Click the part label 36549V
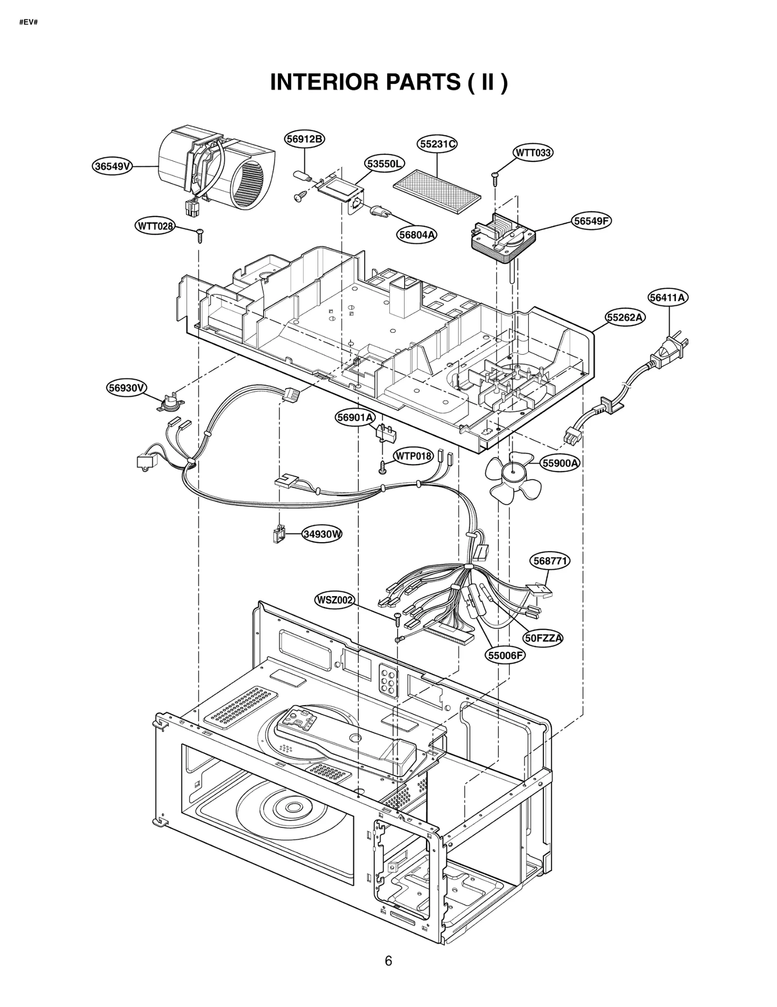tap(113, 167)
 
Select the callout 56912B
tap(304, 139)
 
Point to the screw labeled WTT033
tap(495, 179)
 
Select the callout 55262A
tap(625, 318)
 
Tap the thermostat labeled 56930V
tap(171, 403)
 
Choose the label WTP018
tap(413, 456)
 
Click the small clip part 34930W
tap(278, 534)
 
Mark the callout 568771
tap(549, 561)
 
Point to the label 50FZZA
tap(543, 638)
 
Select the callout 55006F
tap(505, 655)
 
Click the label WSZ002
tap(334, 600)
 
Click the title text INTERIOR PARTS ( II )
tap(388, 82)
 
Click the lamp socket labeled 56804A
tap(379, 212)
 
